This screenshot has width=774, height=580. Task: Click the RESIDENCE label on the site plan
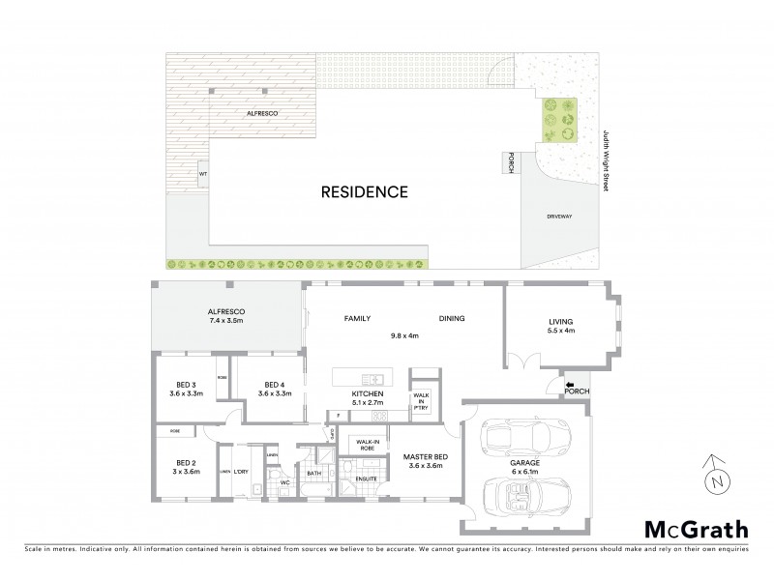pyautogui.click(x=364, y=191)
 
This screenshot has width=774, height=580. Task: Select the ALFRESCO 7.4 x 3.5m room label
pyautogui.click(x=227, y=315)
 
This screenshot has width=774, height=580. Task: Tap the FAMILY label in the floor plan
pyautogui.click(x=359, y=317)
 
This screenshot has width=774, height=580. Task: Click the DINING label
pyautogui.click(x=453, y=317)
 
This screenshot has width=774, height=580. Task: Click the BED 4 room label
pyautogui.click(x=273, y=389)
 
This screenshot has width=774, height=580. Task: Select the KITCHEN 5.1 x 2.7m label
pyautogui.click(x=368, y=398)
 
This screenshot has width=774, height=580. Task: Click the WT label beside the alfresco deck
pyautogui.click(x=203, y=174)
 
